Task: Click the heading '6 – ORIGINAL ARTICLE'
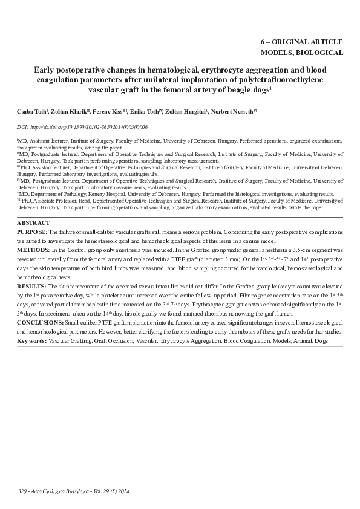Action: click(301, 42)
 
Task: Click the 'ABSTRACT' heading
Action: click(34, 223)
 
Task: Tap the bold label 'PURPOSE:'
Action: click(32, 232)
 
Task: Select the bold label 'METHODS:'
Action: click(33, 250)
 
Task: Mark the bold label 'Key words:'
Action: click(31, 342)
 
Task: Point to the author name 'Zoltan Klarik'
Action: click(72, 112)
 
